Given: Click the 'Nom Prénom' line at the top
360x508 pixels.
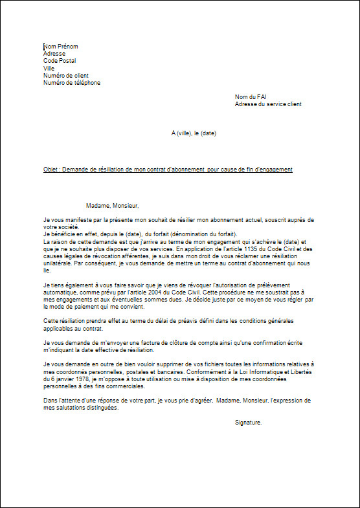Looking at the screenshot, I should [x=61, y=47].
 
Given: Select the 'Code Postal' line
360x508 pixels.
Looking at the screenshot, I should [x=60, y=61].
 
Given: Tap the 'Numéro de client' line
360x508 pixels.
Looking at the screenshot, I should [x=66, y=76].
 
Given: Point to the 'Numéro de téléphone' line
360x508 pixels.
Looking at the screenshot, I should [x=72, y=83].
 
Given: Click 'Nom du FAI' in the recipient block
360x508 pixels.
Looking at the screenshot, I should [x=251, y=97].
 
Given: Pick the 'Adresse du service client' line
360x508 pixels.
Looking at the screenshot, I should [x=268, y=104].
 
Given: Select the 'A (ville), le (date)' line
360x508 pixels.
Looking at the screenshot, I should [x=194, y=133].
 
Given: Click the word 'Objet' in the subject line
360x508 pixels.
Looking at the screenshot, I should [x=51, y=170].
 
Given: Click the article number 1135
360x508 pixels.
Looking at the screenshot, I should [x=254, y=248].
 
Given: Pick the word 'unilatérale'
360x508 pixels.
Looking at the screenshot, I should [x=59, y=263].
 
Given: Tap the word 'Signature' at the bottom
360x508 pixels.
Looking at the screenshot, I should [x=248, y=422].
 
